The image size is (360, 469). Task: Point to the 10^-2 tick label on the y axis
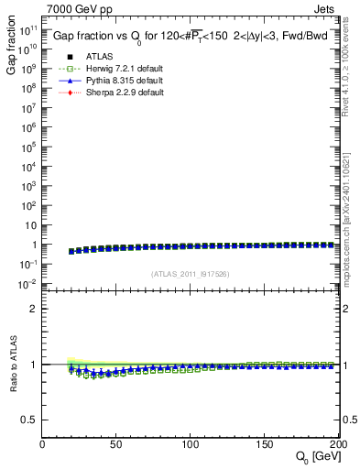[x=27, y=285]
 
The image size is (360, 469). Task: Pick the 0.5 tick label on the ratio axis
[x=30, y=420]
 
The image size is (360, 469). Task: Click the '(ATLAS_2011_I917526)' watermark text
[x=190, y=273]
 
